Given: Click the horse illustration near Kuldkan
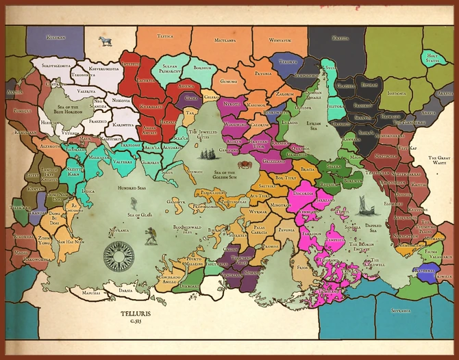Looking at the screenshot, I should [105, 41].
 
